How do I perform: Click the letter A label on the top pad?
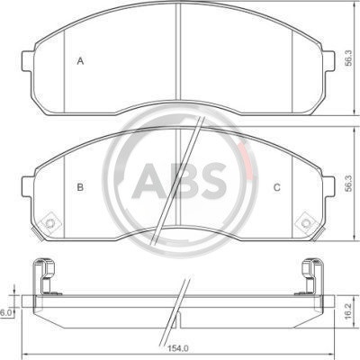click(80, 61)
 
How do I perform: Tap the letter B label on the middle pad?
click(80, 187)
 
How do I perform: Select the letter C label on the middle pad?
click(277, 187)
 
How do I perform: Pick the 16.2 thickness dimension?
click(348, 310)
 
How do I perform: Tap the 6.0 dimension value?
click(5, 313)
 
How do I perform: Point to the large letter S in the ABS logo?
click(213, 180)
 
